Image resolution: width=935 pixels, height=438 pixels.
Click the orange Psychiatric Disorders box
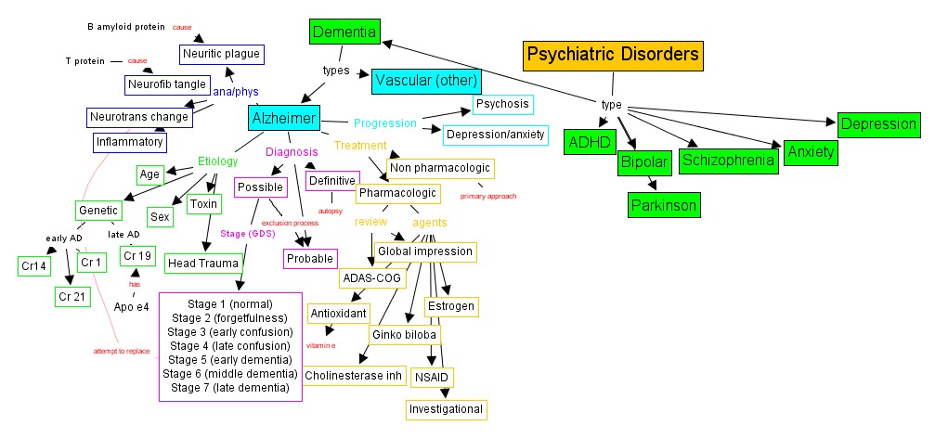[612, 56]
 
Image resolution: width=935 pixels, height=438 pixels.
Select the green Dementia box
[344, 33]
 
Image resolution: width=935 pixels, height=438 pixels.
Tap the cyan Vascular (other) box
[426, 82]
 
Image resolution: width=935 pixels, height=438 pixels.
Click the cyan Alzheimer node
[284, 118]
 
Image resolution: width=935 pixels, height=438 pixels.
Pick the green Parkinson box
[663, 204]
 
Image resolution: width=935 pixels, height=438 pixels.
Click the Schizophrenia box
[727, 161]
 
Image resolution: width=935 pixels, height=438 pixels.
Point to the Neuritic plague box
[222, 54]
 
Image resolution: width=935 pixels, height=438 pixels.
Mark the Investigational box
[446, 408]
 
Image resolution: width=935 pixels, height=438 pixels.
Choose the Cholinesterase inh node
[355, 375]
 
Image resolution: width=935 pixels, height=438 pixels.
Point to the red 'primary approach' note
[487, 197]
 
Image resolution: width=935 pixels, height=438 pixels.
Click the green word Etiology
[218, 161]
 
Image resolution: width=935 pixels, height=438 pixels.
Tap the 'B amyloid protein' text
[125, 27]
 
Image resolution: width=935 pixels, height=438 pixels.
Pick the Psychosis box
[502, 104]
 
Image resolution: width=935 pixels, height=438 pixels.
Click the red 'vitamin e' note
[320, 345]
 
